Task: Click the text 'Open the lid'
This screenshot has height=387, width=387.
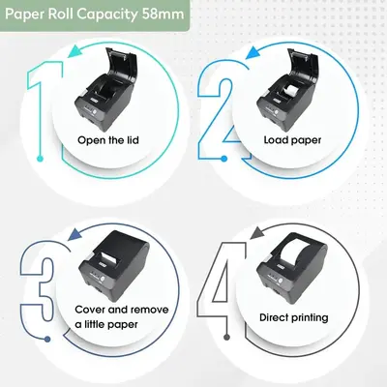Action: pyautogui.click(x=108, y=140)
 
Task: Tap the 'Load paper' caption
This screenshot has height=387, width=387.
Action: pyautogui.click(x=292, y=140)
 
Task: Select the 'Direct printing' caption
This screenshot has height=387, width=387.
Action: pyautogui.click(x=294, y=317)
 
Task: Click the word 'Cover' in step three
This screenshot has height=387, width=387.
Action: pyautogui.click(x=90, y=310)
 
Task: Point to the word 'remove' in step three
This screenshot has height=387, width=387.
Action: pyautogui.click(x=150, y=310)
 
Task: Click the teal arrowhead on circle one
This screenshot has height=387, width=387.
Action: pyautogui.click(x=74, y=51)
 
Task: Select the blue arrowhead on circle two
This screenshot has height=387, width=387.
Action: pyautogui.click(x=253, y=52)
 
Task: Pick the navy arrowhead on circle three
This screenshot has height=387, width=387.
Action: pyautogui.click(x=74, y=234)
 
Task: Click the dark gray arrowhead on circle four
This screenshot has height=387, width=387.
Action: pyautogui.click(x=256, y=233)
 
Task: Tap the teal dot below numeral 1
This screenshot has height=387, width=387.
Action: pyautogui.click(x=40, y=159)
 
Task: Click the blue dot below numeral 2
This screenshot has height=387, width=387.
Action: pyautogui.click(x=224, y=159)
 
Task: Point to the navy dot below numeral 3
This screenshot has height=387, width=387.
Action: pyautogui.click(x=47, y=339)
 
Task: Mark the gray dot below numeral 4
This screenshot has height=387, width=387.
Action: pyautogui.click(x=226, y=338)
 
